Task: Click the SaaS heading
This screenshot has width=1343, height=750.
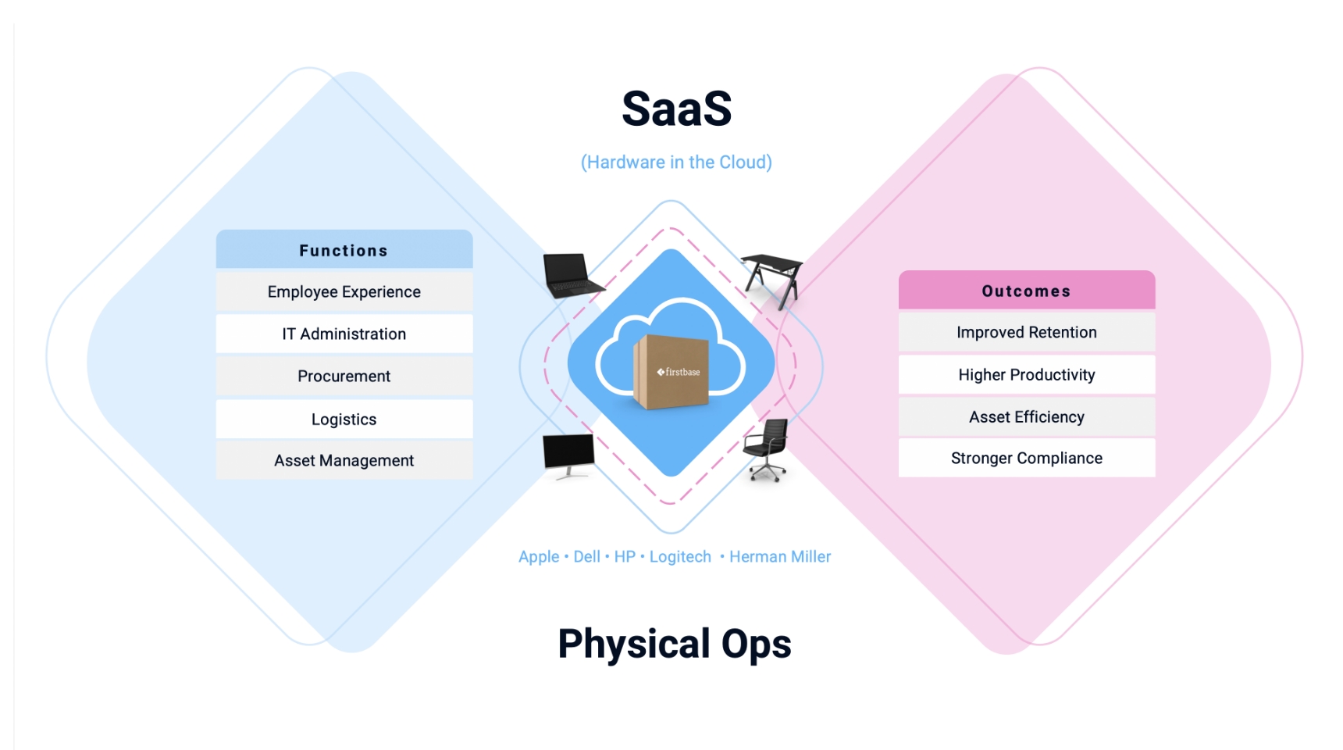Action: tap(676, 109)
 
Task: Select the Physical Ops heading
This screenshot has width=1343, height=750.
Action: tap(675, 645)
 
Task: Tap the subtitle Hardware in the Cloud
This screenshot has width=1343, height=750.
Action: tap(676, 162)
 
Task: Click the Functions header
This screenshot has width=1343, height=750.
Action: tap(344, 250)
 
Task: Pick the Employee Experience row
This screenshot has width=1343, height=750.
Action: tap(344, 291)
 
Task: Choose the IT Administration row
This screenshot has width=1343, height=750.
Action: tap(344, 334)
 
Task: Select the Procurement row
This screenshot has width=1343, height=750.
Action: tap(344, 376)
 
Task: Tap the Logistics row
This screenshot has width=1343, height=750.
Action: tap(344, 419)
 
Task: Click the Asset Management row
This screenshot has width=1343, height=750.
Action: tap(344, 460)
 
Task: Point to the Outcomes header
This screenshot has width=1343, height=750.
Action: tap(1026, 291)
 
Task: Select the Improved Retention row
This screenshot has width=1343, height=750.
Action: tap(1026, 332)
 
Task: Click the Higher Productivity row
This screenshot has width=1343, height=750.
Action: tap(1026, 374)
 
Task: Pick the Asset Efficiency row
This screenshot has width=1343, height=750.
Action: tap(1026, 416)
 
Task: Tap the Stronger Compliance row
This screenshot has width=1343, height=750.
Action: tap(1026, 458)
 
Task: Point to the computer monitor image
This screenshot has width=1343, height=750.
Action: tap(568, 453)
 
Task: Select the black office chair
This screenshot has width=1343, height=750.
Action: tap(767, 448)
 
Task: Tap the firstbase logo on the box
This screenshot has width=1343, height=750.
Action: tap(679, 372)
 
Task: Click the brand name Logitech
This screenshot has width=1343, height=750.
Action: tap(680, 557)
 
